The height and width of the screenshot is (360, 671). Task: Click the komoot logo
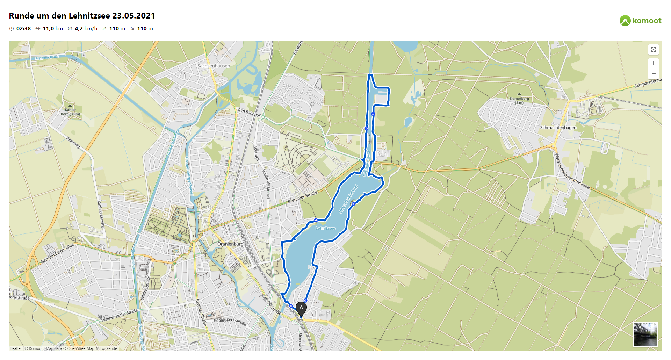coord(640,21)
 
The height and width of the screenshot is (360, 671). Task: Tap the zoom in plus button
coord(654,63)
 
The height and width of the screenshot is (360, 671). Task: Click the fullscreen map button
coord(654,50)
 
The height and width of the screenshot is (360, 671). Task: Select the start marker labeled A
coord(301,309)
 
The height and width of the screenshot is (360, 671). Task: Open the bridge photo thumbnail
coord(645,334)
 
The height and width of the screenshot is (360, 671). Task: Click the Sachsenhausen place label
coord(214,66)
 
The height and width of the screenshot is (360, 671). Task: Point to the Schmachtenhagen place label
coord(558,128)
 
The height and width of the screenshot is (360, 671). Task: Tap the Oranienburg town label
coord(230,244)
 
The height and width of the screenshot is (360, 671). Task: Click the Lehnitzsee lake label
coord(325,228)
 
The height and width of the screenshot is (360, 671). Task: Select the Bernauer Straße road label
coord(303,197)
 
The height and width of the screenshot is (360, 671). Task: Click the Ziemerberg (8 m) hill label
coord(519,101)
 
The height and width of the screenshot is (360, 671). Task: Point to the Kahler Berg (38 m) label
coord(70,112)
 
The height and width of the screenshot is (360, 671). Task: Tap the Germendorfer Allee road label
coord(58,253)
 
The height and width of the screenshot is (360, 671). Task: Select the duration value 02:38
coord(23,29)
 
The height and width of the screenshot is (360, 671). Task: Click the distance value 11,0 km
coord(53,29)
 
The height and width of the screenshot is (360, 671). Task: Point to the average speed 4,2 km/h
coord(86,29)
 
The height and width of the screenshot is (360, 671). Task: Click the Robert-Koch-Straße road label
coord(230,322)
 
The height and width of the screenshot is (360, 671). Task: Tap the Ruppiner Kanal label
coord(47,57)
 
